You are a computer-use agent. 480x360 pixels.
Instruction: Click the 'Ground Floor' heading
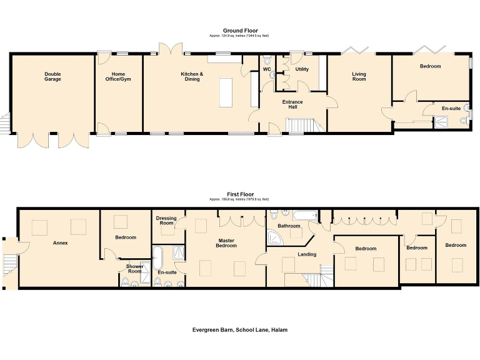coord(240,31)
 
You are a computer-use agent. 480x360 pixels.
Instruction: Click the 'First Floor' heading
coord(239,194)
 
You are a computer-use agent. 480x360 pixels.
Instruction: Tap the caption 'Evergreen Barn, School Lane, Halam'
coord(240,329)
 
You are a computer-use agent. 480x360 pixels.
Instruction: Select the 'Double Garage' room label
coord(52,76)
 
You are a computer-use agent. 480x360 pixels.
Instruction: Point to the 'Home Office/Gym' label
coord(118,76)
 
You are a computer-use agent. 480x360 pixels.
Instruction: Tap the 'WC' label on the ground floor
coord(266,69)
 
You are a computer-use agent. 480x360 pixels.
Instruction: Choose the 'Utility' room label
coord(302,69)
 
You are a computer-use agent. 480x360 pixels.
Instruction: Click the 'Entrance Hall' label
coord(292,104)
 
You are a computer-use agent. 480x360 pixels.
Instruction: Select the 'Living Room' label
coord(359,77)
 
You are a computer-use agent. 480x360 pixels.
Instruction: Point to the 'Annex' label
coord(60,242)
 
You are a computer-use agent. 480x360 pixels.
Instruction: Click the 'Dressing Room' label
coord(166,221)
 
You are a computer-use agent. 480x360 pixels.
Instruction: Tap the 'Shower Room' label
coord(135,269)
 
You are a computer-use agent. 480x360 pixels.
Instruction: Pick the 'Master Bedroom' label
coord(226,243)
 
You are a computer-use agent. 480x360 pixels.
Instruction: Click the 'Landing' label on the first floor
coord(306,254)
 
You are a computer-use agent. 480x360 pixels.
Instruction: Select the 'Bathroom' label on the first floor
coord(289,226)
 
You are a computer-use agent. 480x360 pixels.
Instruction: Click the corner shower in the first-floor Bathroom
coord(274,236)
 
